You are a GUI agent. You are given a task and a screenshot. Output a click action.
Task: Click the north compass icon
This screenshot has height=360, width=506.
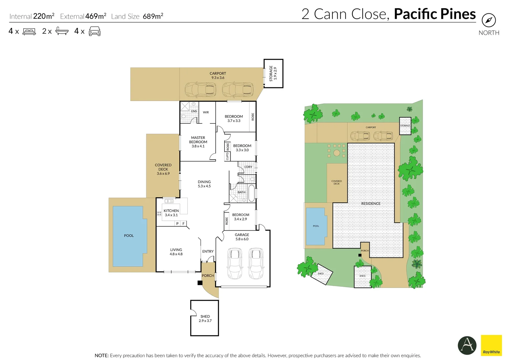click(488, 20)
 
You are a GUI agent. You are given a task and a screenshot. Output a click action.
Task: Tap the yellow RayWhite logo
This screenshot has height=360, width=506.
click(491, 345)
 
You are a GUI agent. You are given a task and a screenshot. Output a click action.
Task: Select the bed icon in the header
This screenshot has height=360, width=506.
click(29, 32)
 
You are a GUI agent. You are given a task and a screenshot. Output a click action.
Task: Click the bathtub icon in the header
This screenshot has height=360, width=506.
click(62, 31)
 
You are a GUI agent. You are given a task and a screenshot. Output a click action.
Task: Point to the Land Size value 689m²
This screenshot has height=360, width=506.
click(153, 16)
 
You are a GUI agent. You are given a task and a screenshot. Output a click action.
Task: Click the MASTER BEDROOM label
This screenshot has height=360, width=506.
click(198, 142)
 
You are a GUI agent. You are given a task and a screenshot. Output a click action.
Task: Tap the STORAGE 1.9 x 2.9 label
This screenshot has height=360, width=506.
click(273, 73)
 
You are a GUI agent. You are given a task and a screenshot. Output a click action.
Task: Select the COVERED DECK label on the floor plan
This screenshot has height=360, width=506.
click(163, 169)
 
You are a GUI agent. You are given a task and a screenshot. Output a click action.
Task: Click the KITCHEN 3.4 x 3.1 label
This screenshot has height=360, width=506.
click(171, 213)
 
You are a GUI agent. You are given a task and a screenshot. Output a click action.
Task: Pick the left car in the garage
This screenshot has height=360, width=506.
click(234, 263)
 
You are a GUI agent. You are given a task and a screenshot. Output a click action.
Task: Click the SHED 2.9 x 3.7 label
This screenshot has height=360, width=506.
click(205, 318)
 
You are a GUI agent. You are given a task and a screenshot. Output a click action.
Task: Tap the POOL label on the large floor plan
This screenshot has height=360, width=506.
click(129, 236)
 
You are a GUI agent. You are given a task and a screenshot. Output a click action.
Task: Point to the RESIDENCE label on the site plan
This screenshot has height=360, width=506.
click(371, 203)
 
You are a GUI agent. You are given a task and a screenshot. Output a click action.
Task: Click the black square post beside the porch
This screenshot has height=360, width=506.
click(200, 283)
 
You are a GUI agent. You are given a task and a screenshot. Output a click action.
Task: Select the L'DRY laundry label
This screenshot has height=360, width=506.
click(248, 167)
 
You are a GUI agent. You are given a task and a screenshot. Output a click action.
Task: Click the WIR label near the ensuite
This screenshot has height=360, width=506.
click(206, 112)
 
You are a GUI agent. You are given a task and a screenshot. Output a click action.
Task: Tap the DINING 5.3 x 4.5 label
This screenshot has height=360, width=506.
click(204, 184)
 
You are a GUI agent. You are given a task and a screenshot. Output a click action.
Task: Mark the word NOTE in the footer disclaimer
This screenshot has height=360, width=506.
click(101, 355)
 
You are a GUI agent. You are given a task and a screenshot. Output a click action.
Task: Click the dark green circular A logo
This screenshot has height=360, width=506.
click(467, 345)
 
